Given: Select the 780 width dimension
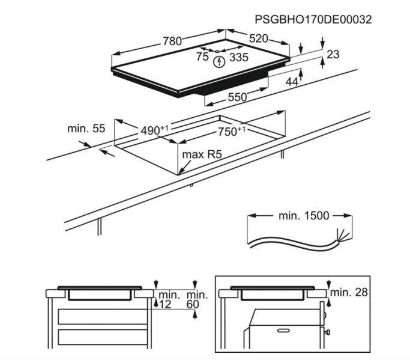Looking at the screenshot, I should point(172,41).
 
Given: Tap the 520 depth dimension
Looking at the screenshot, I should point(258,38).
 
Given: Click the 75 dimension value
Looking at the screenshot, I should point(202,58).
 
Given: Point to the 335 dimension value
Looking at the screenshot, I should point(238,58).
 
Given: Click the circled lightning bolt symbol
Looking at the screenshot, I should point(219,61).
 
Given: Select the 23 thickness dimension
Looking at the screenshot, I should point(333,55).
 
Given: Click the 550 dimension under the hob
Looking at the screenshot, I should point(237,97).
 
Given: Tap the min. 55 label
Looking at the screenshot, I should point(86,128).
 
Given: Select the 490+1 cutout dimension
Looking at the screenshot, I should point(155,130).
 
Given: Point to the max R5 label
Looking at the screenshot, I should point(202,155).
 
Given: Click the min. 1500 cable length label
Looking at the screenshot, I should point(304,216).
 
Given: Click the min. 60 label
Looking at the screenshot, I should point(197,301).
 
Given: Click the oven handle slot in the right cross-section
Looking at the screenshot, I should point(284,330).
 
